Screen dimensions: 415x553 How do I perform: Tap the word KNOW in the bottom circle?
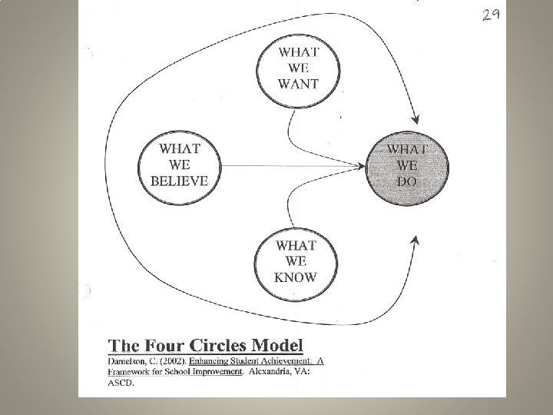pos(295,277)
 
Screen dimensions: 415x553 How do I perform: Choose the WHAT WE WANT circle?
pos(298,69)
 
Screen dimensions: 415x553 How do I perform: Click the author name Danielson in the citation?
pos(129,360)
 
